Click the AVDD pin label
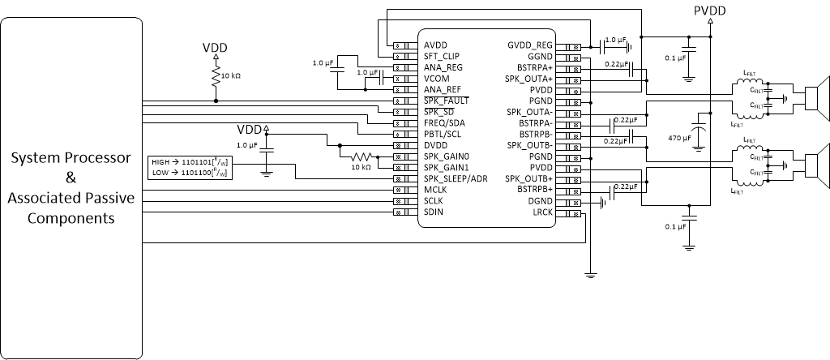click(x=434, y=45)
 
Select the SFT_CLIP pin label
click(x=443, y=57)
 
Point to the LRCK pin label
click(x=543, y=212)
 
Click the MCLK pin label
click(x=436, y=190)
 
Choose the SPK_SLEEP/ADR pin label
click(x=456, y=178)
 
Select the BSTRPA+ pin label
click(x=536, y=68)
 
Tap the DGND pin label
click(x=541, y=200)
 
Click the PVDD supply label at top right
click(x=710, y=11)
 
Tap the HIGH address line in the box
click(x=188, y=162)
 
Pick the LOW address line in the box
click(x=188, y=174)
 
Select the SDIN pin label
click(x=434, y=212)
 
